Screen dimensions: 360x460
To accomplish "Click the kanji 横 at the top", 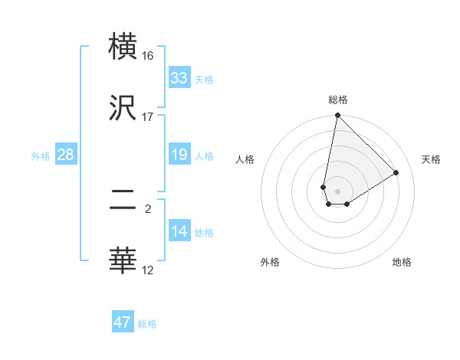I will click(123, 46).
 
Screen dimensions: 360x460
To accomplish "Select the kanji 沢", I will click(123, 108).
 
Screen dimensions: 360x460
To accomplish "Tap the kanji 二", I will click(123, 198).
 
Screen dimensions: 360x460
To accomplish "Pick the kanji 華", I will click(123, 260).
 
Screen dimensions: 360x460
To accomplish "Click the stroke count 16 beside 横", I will click(148, 56).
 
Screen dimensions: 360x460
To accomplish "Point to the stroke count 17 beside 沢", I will click(148, 117).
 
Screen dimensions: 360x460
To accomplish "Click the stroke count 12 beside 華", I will click(148, 270).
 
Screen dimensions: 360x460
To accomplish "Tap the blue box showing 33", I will click(179, 78).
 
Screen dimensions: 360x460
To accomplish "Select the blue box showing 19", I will click(179, 155).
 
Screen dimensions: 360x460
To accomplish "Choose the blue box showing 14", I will click(179, 232).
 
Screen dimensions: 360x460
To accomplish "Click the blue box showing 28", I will click(66, 155).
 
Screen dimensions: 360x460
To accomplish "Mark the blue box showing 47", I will click(123, 322).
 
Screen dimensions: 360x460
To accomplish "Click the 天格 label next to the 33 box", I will click(203, 79).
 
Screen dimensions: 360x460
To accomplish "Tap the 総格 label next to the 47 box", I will click(147, 324).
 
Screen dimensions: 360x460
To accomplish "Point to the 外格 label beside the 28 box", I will click(41, 155).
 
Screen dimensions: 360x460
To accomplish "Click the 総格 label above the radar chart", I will click(338, 100).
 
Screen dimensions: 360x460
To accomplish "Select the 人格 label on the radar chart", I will click(245, 159).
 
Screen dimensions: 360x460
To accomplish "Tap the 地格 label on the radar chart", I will click(402, 262).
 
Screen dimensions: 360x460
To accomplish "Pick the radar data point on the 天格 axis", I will click(396, 172).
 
